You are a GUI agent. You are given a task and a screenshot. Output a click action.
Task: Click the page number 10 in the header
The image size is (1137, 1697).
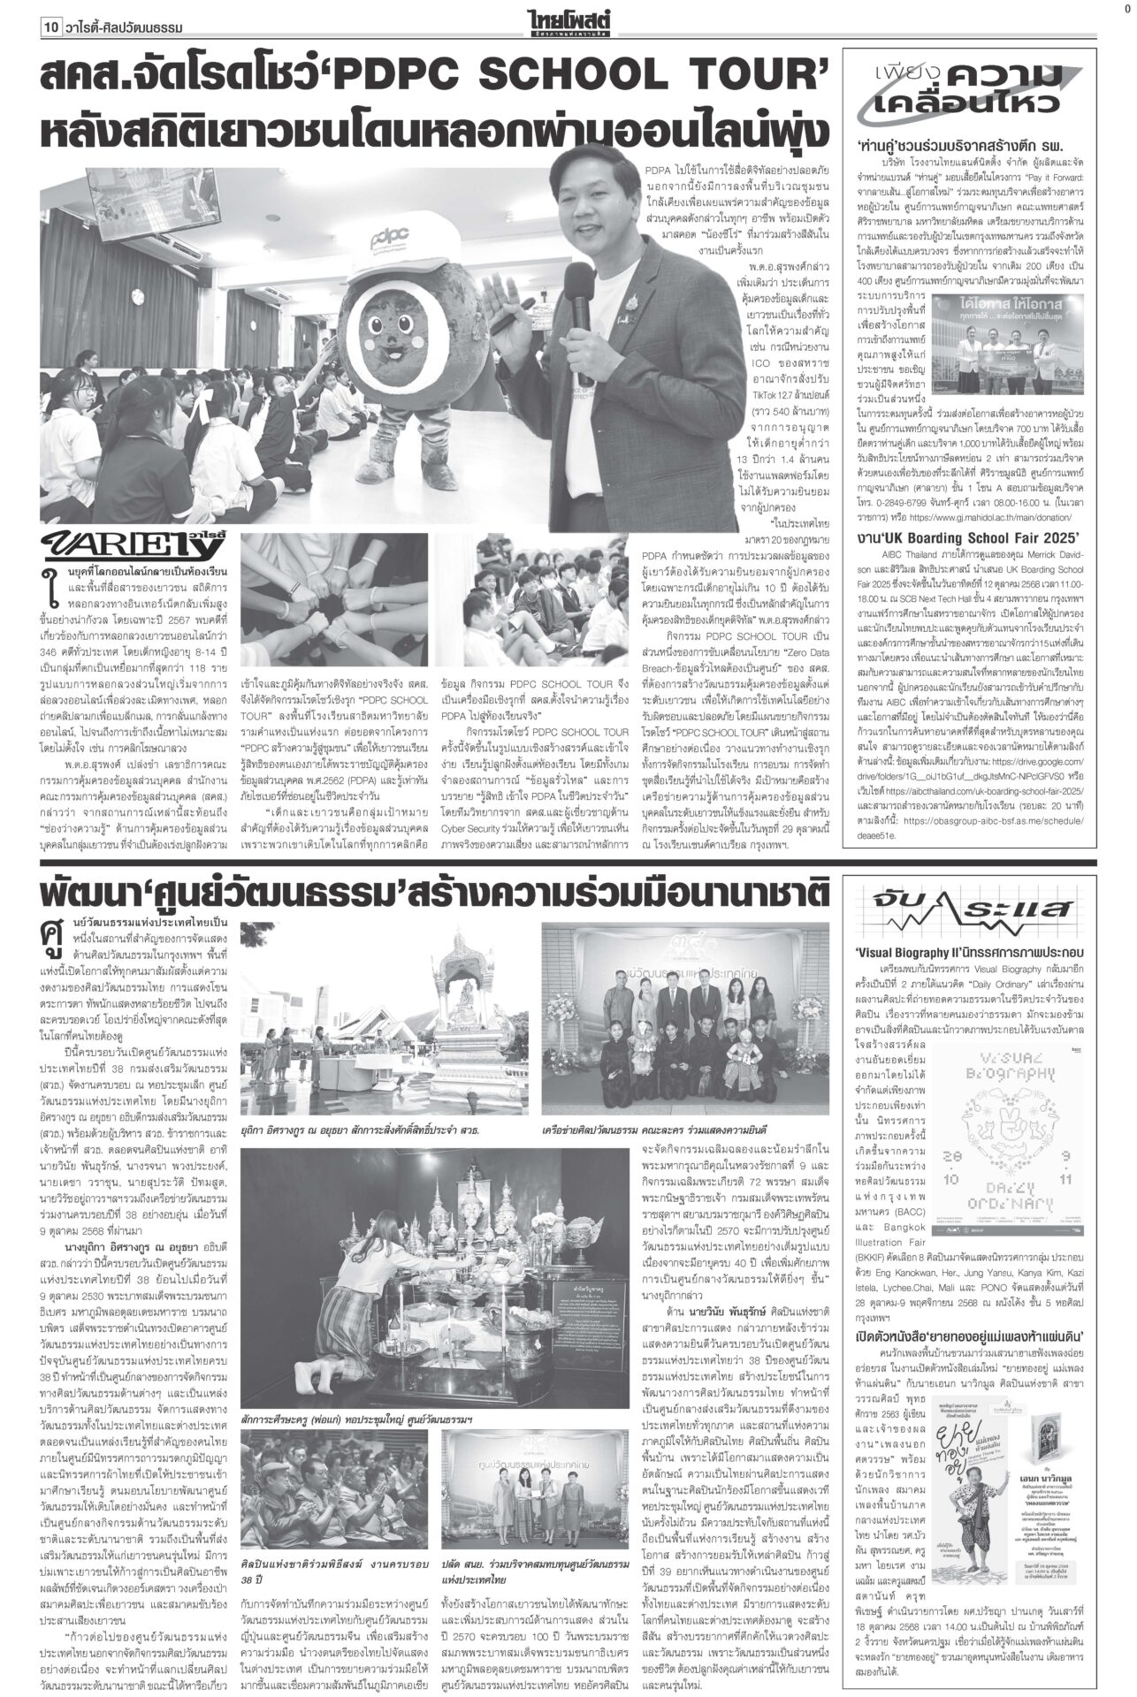tap(52, 29)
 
